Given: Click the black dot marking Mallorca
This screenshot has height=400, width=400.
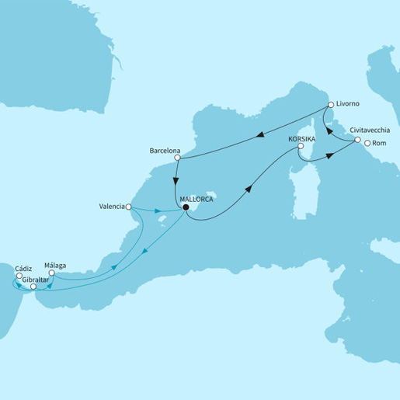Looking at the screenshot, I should [186, 207].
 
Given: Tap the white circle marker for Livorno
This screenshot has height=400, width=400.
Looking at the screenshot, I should [330, 104].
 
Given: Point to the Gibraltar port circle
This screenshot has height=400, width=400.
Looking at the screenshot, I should [33, 287].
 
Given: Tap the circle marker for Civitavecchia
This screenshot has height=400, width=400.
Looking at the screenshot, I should [357, 141].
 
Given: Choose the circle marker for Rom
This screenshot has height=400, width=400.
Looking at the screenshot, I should [367, 143].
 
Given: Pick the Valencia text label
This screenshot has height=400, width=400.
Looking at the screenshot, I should [113, 207].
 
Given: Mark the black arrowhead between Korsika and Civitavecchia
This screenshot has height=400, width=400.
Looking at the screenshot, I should [329, 155].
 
